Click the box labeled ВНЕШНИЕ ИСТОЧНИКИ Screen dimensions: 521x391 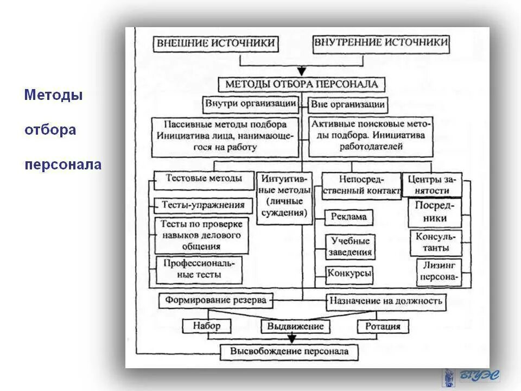216,43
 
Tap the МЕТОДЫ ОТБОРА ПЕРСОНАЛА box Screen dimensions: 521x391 302,85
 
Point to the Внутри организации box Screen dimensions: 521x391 251,103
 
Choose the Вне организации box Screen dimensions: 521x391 348,104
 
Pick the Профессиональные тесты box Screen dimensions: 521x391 199,269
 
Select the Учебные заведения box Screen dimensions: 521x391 350,247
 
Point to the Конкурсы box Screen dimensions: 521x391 350,274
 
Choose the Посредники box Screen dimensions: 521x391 434,212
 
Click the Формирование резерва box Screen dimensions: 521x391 216,300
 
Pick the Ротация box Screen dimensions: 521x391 383,326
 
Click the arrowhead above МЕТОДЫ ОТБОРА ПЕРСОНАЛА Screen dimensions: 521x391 302,71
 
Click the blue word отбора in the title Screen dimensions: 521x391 50,130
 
